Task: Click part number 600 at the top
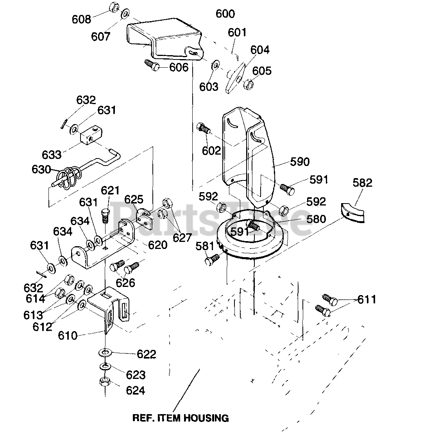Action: tap(225, 14)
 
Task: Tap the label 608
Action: tap(81, 19)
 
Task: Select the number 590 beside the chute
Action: tap(300, 162)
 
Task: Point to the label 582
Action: tap(362, 183)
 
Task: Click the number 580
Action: tap(316, 219)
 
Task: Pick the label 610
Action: tap(68, 335)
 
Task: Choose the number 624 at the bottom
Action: tap(136, 391)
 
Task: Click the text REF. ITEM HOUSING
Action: tap(181, 418)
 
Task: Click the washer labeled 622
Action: tap(105, 352)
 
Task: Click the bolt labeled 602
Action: tap(203, 128)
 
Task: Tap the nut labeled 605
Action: tap(248, 84)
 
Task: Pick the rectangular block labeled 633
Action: tap(91, 135)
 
